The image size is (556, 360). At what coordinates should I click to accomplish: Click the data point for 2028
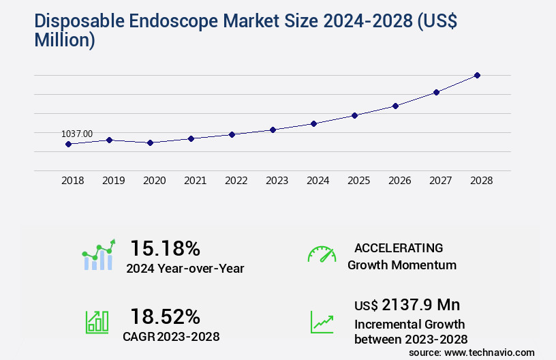(x=477, y=75)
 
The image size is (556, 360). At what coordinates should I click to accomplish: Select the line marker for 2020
(x=150, y=142)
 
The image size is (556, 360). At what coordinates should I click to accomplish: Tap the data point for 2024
(x=313, y=123)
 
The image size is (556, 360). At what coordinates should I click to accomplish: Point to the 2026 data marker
(x=395, y=106)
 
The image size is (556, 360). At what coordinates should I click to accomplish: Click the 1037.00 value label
(x=77, y=134)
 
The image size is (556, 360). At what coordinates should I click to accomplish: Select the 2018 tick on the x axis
(x=73, y=181)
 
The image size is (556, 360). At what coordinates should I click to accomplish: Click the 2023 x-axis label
(x=277, y=181)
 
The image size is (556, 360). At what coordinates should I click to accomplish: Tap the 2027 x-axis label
(x=441, y=181)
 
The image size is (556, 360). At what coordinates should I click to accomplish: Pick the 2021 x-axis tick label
(x=196, y=181)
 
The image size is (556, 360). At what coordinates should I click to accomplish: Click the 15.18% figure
(x=165, y=248)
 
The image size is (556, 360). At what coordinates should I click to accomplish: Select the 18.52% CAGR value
(x=165, y=316)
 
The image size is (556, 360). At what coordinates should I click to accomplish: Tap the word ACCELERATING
(x=399, y=247)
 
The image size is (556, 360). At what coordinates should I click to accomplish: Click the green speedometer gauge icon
(x=322, y=254)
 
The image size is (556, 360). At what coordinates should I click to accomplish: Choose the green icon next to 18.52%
(x=96, y=322)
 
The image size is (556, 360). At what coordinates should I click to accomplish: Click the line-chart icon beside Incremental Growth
(x=322, y=322)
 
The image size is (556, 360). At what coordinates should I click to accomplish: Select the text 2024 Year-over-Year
(x=185, y=269)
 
